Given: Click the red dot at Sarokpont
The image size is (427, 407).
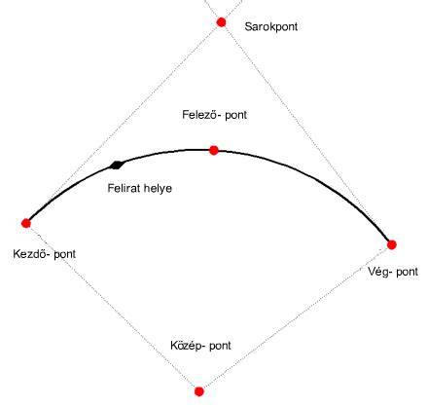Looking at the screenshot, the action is pyautogui.click(x=221, y=22).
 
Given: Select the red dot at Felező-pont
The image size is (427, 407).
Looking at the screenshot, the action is pyautogui.click(x=214, y=150).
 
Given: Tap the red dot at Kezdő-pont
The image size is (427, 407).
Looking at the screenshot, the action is pyautogui.click(x=26, y=223).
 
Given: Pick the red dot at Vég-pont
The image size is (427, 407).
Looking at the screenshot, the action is pyautogui.click(x=392, y=244).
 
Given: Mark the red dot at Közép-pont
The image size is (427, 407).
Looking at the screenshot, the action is pyautogui.click(x=199, y=391).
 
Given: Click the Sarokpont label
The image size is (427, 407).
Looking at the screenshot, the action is pyautogui.click(x=271, y=26).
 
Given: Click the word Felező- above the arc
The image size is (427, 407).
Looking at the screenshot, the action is pyautogui.click(x=198, y=115).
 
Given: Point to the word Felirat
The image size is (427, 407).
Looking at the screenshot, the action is pyautogui.click(x=124, y=188).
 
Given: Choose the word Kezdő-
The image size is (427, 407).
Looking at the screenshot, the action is pyautogui.click(x=31, y=253).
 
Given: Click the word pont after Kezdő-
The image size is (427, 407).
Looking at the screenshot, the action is pyautogui.click(x=65, y=254).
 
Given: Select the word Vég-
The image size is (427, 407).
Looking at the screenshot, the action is pyautogui.click(x=379, y=272).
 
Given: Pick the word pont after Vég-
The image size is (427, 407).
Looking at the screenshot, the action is pyautogui.click(x=407, y=272).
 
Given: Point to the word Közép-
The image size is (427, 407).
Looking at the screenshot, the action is pyautogui.click(x=188, y=346).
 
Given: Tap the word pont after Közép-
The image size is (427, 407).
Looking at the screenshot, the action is pyautogui.click(x=220, y=346).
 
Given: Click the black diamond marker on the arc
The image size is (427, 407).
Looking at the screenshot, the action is pyautogui.click(x=117, y=166).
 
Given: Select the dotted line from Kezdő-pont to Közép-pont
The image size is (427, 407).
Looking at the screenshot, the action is pyautogui.click(x=113, y=308).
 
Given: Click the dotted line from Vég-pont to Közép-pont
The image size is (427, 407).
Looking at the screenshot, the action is pyautogui.click(x=296, y=318).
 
